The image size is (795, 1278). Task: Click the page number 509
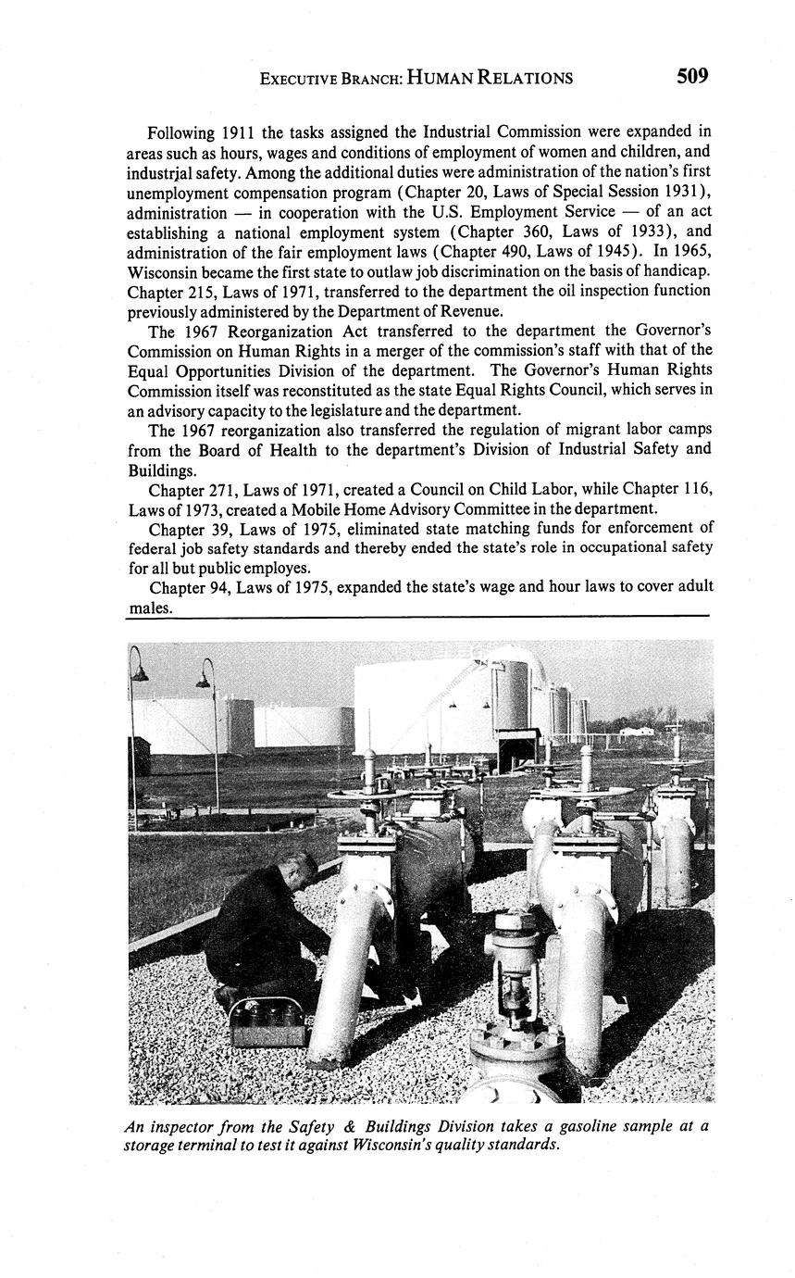tap(692, 76)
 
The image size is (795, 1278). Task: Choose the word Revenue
tap(461, 311)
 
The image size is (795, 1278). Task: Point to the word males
tap(149, 608)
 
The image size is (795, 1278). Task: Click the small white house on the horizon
tap(636, 731)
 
